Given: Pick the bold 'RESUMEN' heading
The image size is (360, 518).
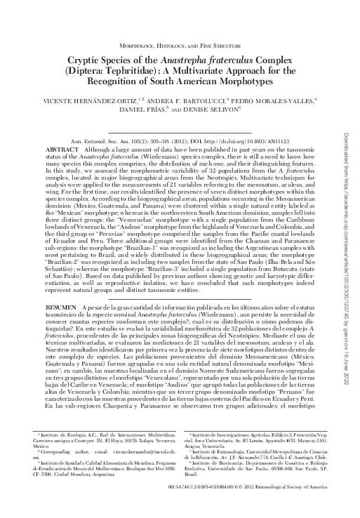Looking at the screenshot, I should (60, 308).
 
